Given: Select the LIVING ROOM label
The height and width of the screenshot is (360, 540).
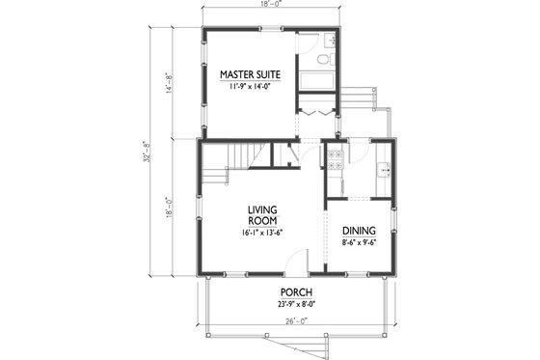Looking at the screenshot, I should (x=262, y=216).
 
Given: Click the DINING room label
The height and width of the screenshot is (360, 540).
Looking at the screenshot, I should (x=360, y=230).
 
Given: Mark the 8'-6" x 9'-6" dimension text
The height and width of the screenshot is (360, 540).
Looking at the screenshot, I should (x=360, y=243).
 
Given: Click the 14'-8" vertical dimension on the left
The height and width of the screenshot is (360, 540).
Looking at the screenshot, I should (x=171, y=82).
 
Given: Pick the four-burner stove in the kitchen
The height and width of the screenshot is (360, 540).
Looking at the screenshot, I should (x=336, y=159).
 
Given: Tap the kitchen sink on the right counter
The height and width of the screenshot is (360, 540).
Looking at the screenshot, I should (x=385, y=171).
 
